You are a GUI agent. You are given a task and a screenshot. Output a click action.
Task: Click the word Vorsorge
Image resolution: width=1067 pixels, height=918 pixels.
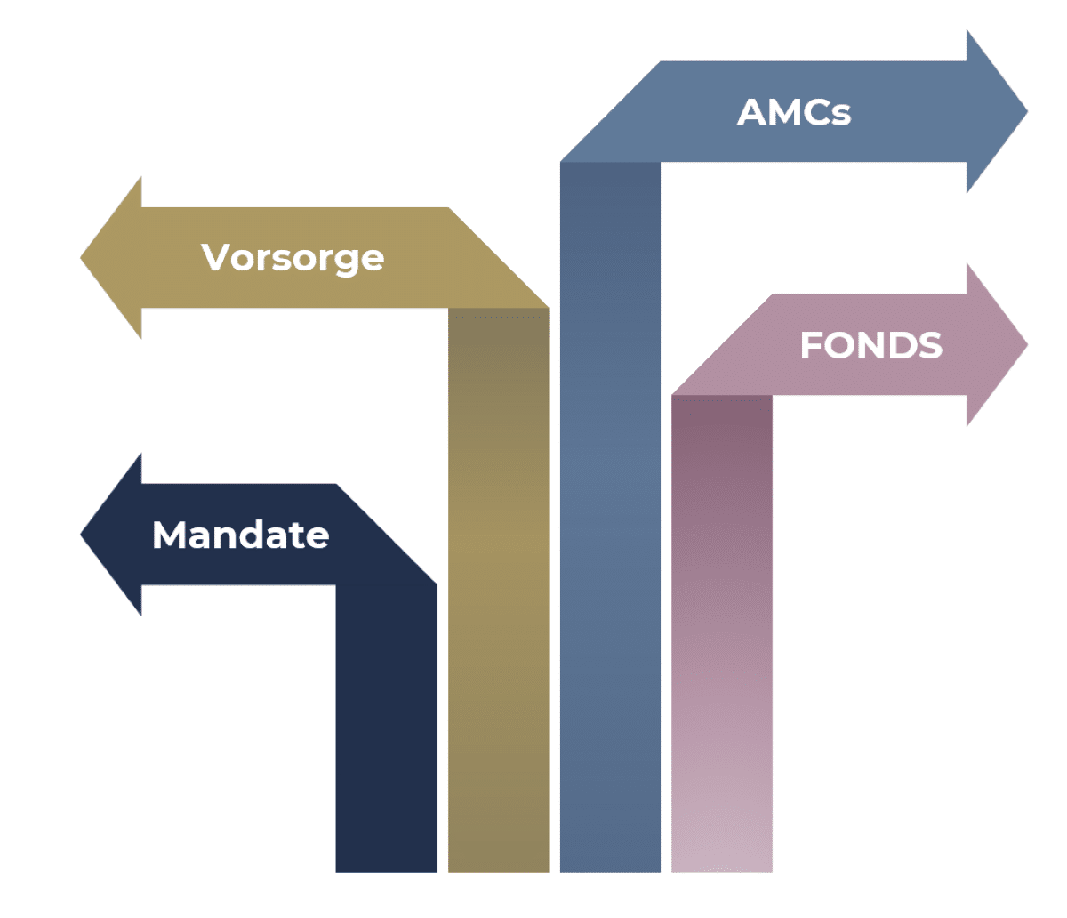(x=293, y=258)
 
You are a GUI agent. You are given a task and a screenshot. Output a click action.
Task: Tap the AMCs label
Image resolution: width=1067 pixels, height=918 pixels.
(x=794, y=113)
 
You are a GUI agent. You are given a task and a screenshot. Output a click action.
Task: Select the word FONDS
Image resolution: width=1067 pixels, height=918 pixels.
(x=870, y=345)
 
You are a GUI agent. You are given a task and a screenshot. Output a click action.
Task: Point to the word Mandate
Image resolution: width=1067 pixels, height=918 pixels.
(x=241, y=535)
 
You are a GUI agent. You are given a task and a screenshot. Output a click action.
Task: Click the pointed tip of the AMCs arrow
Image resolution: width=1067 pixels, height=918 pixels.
(x=1024, y=112)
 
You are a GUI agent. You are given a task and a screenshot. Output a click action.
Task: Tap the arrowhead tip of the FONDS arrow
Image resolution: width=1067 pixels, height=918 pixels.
(x=1024, y=345)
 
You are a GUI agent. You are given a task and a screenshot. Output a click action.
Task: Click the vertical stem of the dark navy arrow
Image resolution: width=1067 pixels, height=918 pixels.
(x=386, y=729)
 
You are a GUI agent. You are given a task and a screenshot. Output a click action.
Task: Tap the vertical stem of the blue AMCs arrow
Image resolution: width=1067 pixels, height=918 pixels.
(x=610, y=534)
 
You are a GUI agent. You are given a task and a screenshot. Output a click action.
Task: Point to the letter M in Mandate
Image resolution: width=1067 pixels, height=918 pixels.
(x=170, y=535)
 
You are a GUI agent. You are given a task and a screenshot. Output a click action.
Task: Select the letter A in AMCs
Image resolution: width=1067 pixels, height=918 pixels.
(x=751, y=113)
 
